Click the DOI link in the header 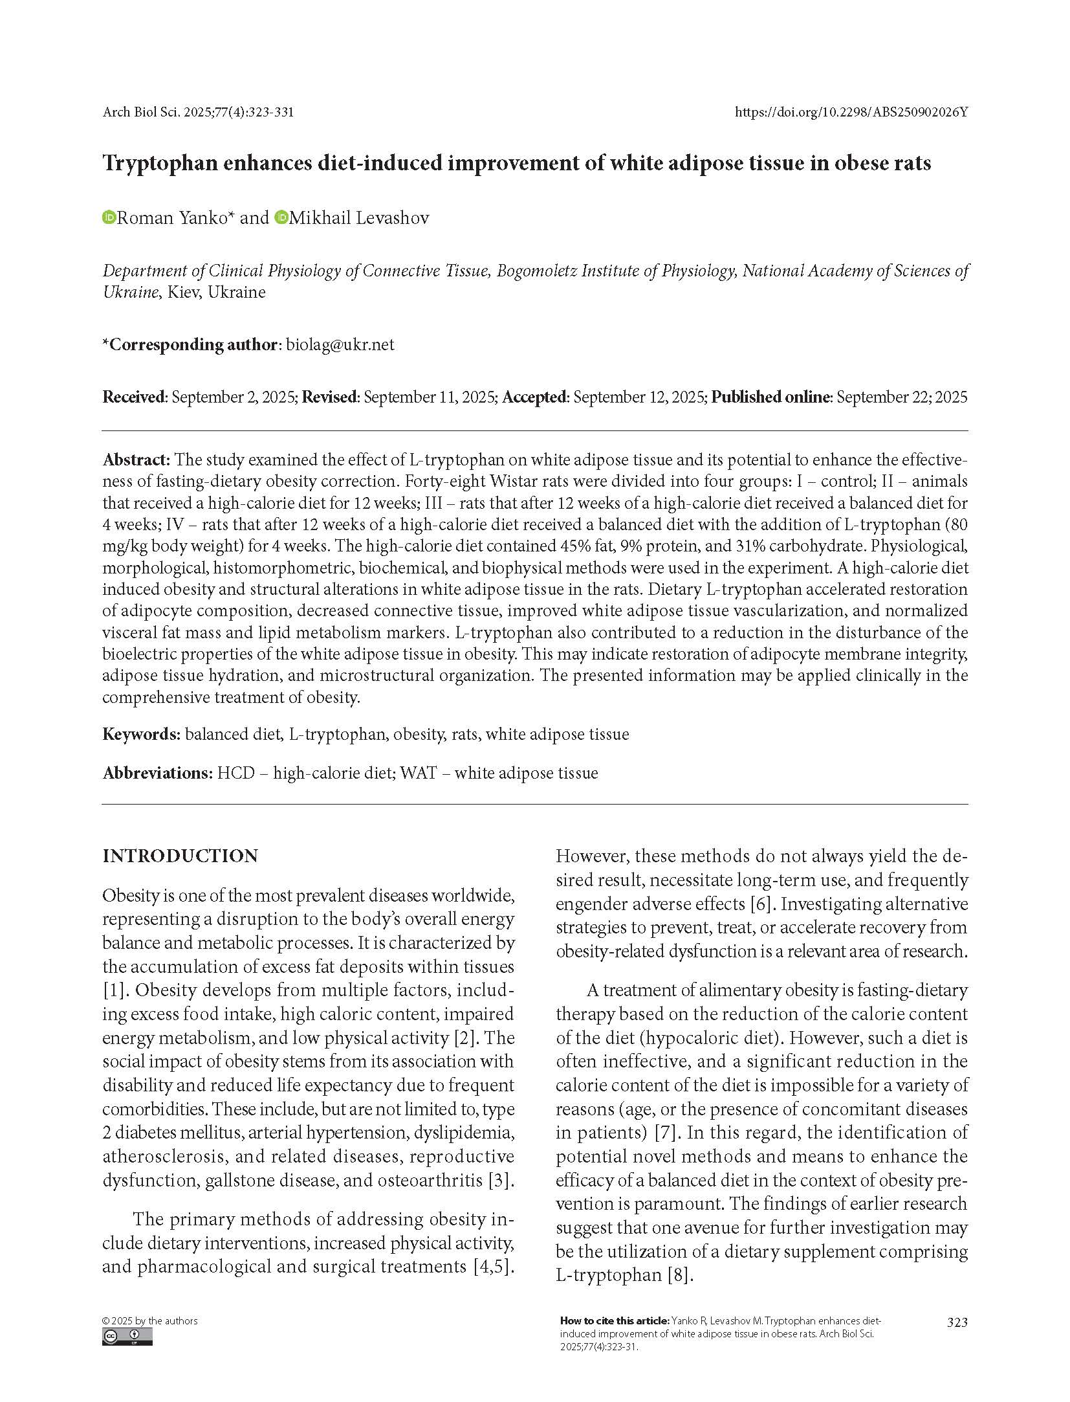tap(851, 112)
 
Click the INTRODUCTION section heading tap(180, 856)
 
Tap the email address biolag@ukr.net tap(340, 344)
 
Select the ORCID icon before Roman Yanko tap(109, 217)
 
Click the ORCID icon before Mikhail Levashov tap(281, 217)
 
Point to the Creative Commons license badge tap(127, 1337)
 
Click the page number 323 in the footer tap(957, 1322)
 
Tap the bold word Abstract tap(135, 460)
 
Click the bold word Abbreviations tap(157, 773)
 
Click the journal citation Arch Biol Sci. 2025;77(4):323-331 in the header tap(198, 112)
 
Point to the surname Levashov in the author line tap(394, 217)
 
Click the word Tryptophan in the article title tap(160, 162)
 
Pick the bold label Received tap(134, 397)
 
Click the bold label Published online tap(769, 397)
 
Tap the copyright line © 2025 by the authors tap(150, 1320)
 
